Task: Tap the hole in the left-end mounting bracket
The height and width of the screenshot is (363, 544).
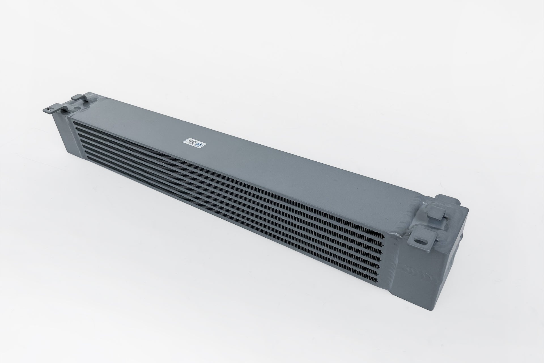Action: pyautogui.click(x=51, y=107)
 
